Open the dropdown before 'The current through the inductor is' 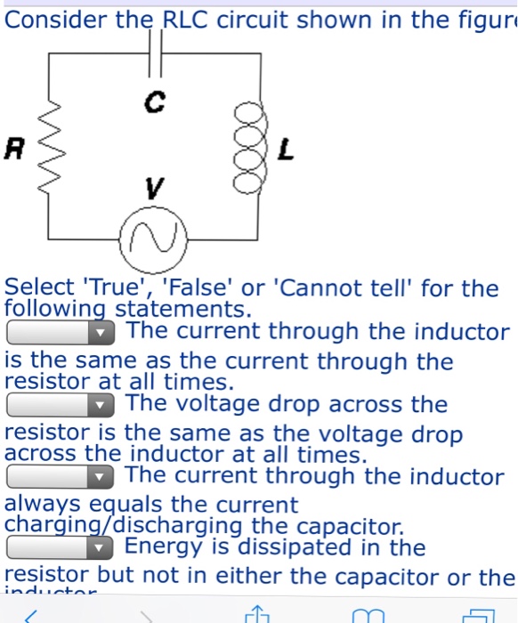[61, 333]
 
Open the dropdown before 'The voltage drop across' [61, 405]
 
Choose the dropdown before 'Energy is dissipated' [61, 547]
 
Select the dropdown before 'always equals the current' [61, 477]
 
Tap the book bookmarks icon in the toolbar [368, 615]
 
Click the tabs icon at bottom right [478, 615]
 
